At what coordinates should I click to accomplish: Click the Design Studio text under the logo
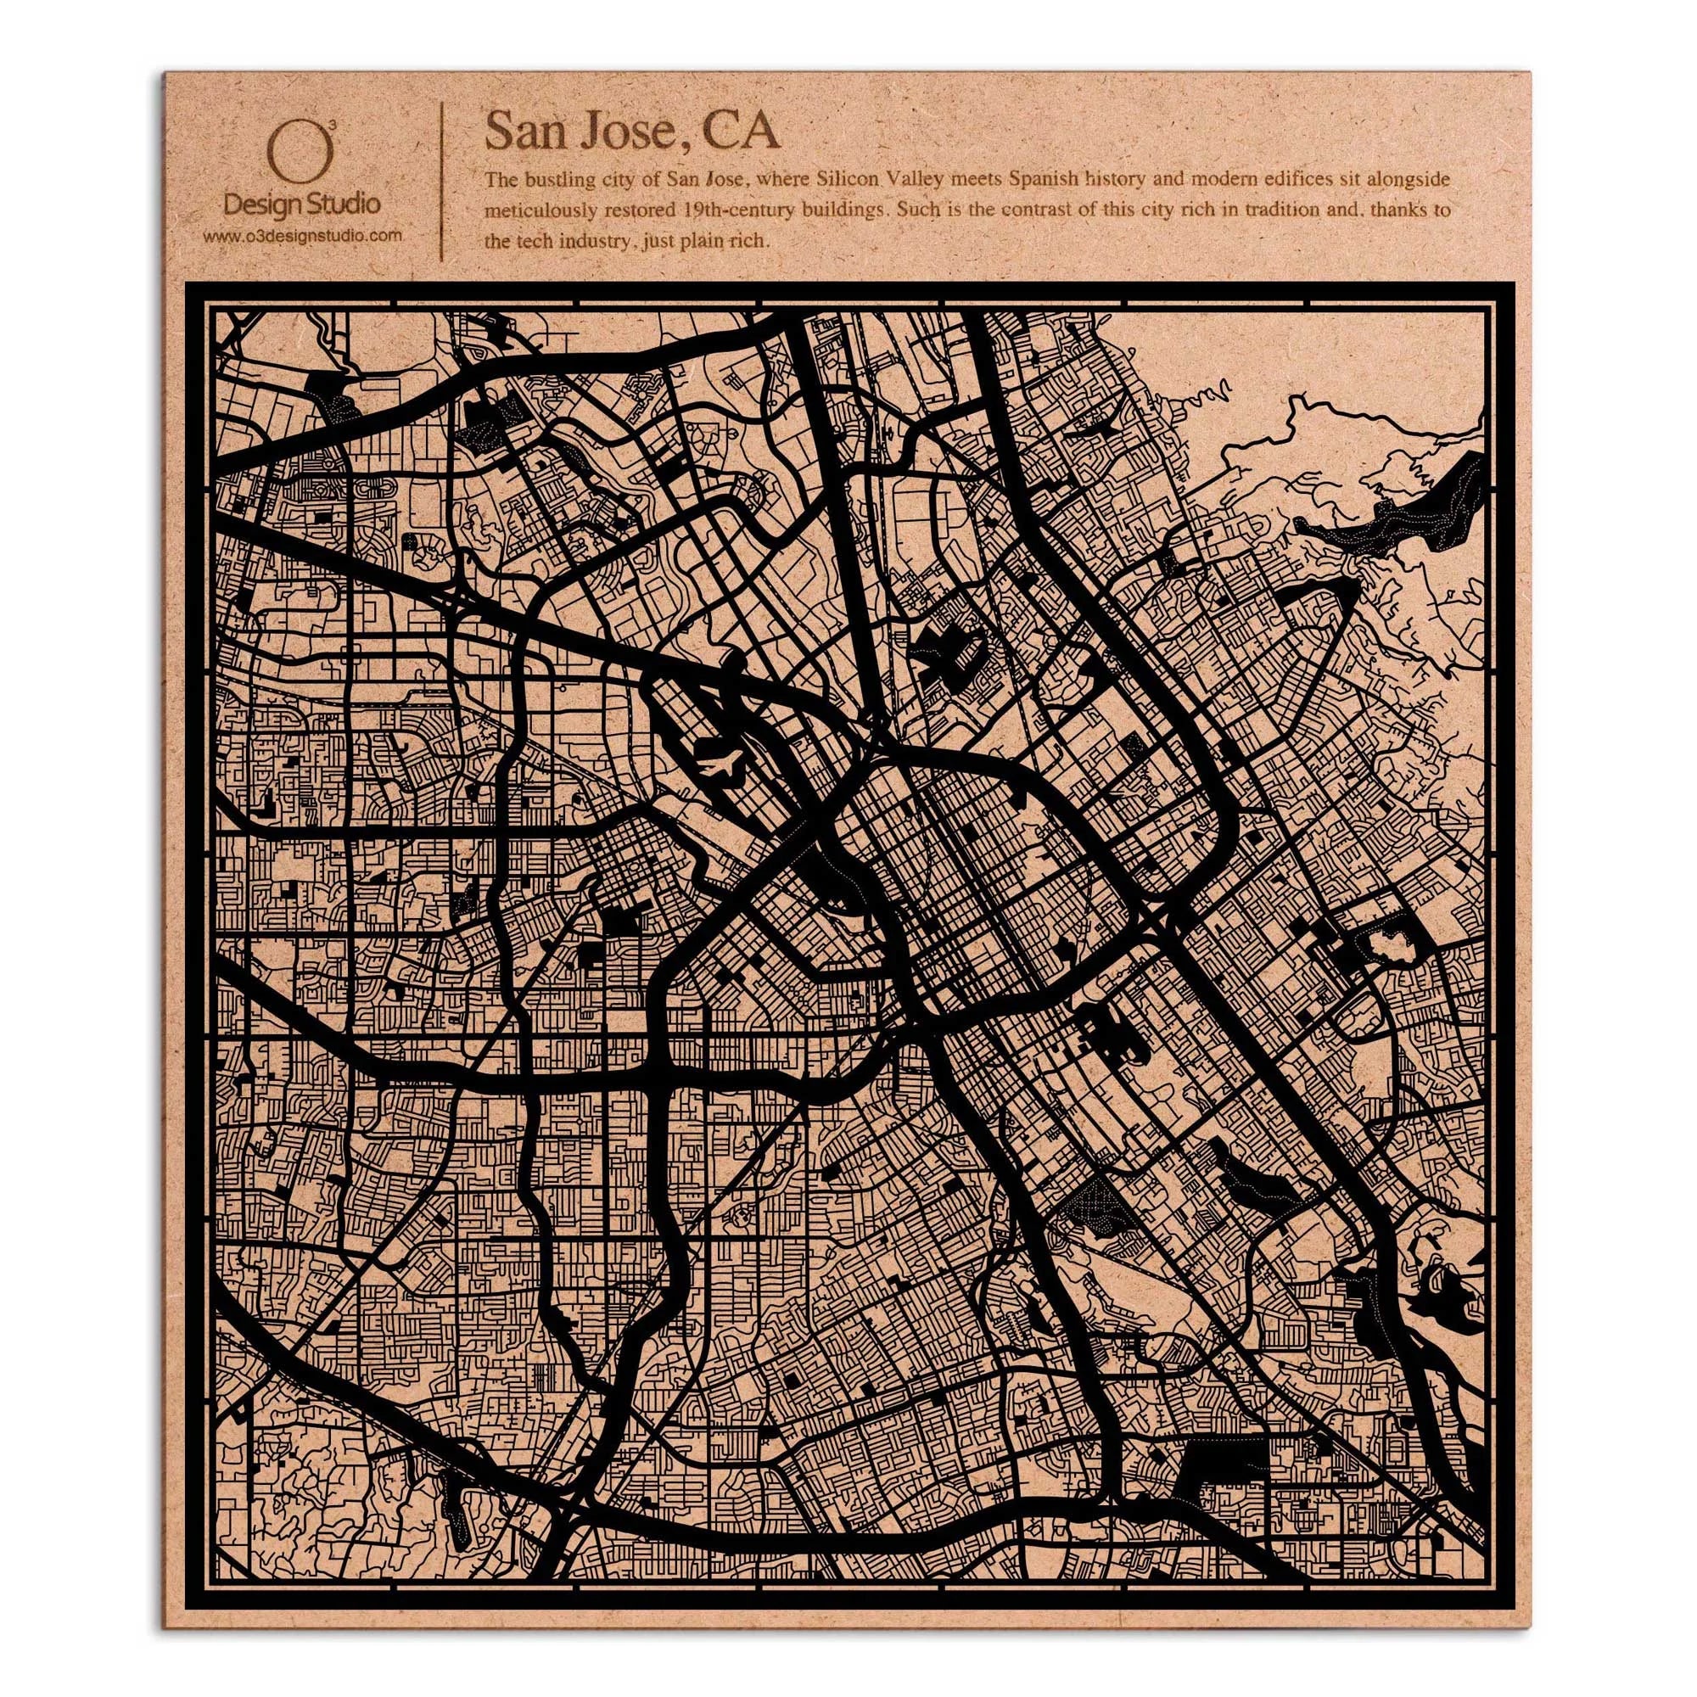pyautogui.click(x=302, y=205)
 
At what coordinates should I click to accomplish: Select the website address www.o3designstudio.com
pyautogui.click(x=302, y=235)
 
